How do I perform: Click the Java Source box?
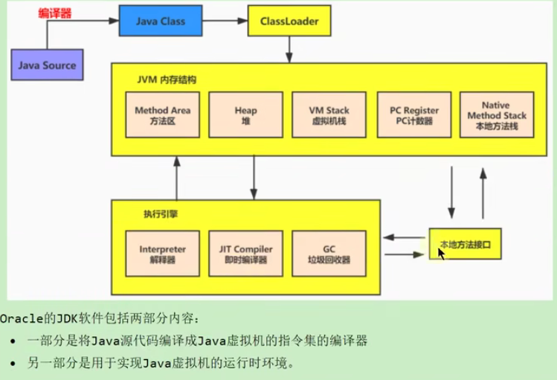click(47, 65)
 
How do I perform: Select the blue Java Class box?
click(155, 22)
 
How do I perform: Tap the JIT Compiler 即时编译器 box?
click(245, 254)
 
